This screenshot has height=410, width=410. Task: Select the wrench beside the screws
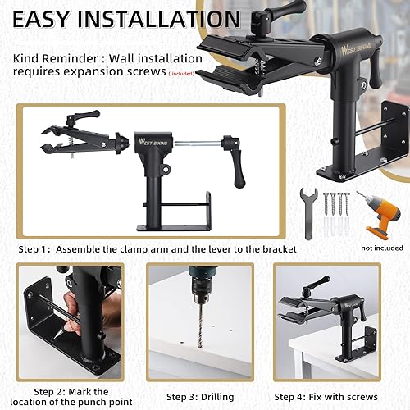[x=309, y=212]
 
